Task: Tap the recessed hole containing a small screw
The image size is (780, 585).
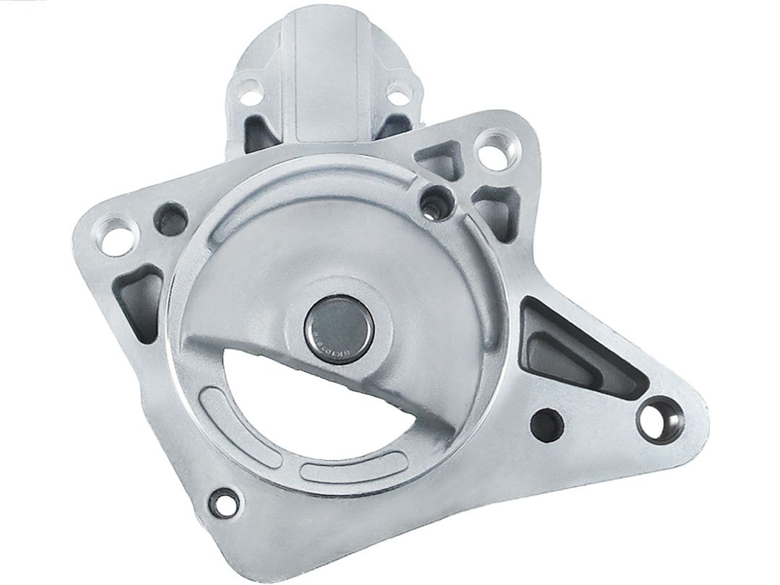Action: [x=435, y=200]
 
